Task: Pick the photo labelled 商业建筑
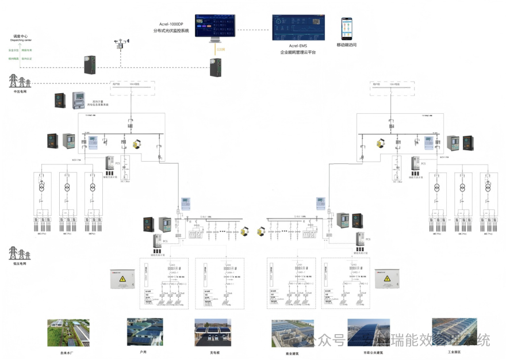pyautogui.click(x=293, y=333)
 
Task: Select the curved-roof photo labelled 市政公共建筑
pyautogui.click(x=369, y=333)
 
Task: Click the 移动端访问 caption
pyautogui.click(x=347, y=45)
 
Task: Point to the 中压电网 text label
pyautogui.click(x=20, y=91)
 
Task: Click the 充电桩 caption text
pyautogui.click(x=215, y=353)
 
